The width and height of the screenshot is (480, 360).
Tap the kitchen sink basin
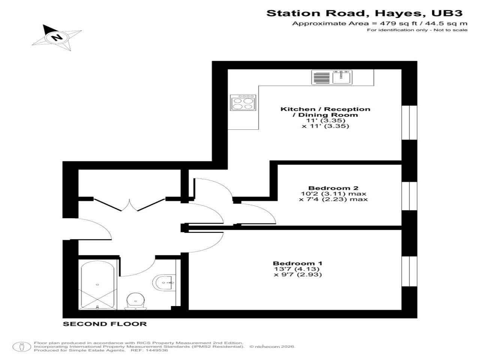341,78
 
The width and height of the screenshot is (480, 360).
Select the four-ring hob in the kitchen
243,103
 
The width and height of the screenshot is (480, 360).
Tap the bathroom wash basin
164,283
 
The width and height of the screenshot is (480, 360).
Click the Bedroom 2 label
333,188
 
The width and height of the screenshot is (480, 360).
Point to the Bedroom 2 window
409,196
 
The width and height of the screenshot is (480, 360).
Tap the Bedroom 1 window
409,271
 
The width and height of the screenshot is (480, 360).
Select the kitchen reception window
409,123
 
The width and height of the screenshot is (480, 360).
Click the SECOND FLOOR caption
105,324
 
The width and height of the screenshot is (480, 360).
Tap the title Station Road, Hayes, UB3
364,13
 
